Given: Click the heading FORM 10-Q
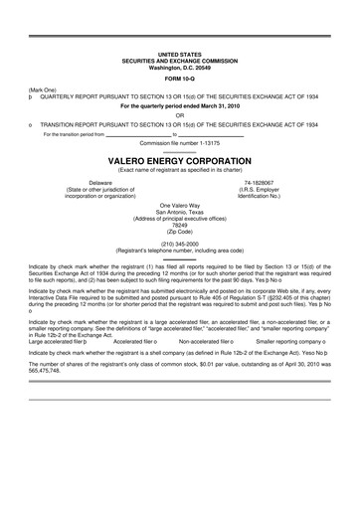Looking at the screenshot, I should (179, 77).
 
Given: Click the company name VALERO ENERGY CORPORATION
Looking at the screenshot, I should (179, 159).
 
